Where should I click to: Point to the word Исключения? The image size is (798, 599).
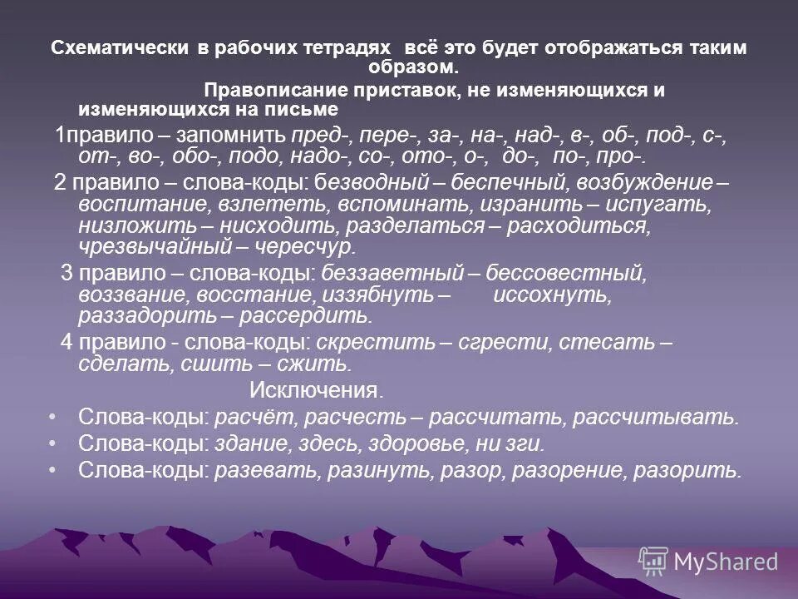point(317,390)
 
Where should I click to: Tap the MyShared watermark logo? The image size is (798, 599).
point(709,561)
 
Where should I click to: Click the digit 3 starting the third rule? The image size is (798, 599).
point(66,273)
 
